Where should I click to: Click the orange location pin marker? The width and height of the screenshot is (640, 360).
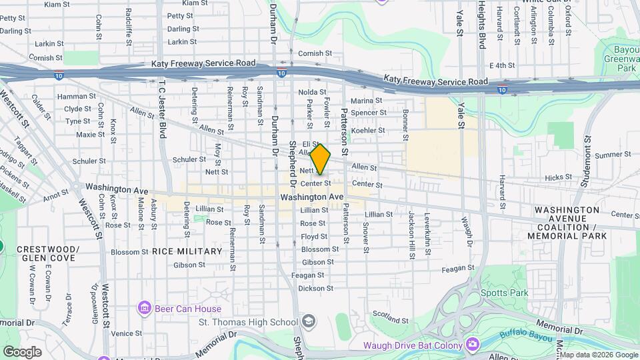tap(321, 160)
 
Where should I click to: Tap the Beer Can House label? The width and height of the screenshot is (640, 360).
tap(187, 309)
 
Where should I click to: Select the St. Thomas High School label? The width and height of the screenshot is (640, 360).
tap(248, 323)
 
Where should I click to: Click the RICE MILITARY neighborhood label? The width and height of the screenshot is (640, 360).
tap(187, 251)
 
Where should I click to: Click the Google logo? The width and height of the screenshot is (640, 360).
tap(22, 351)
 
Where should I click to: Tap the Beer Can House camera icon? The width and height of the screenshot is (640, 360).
tap(143, 309)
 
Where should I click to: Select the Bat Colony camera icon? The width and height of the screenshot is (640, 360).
tap(472, 344)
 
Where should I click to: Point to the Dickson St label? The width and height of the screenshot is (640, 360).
tap(315, 289)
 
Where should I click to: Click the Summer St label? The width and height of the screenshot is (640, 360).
tap(608, 155)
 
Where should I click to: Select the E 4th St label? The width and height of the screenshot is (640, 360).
tap(502, 65)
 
